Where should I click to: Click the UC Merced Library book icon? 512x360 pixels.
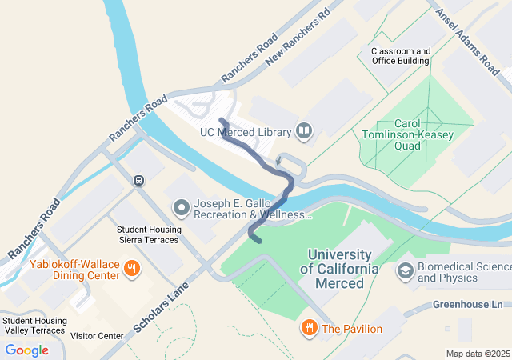coord(304,130)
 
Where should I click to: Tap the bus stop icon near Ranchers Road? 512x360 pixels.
coord(139,180)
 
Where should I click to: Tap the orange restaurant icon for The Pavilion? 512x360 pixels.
coord(308,328)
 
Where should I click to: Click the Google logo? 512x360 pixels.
coord(26,350)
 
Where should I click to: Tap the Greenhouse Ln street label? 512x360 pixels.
coord(468,305)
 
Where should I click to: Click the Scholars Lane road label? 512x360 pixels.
coord(162,306)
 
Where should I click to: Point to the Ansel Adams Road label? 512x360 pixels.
coord(466,38)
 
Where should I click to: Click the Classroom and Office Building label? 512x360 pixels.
coord(400,56)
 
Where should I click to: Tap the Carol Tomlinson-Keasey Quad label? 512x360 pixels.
coord(407,134)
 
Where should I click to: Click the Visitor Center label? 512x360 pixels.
coord(97,336)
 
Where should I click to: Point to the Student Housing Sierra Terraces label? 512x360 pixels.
coord(150,234)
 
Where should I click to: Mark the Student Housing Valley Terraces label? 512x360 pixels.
coord(34,324)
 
